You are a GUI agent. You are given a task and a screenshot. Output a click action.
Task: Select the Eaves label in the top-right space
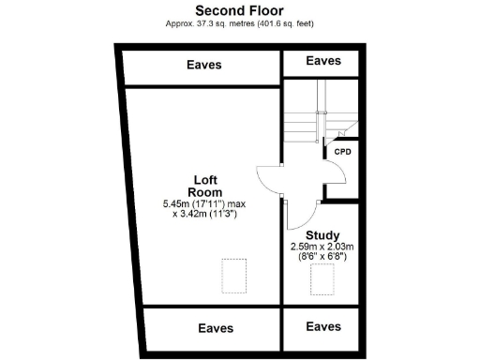pyautogui.click(x=323, y=60)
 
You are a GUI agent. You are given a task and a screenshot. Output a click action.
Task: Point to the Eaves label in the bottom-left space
pyautogui.click(x=215, y=328)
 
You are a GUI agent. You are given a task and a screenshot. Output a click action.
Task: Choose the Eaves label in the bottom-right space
pyautogui.click(x=323, y=326)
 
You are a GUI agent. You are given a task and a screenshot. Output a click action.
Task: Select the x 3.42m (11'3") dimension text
pyautogui.click(x=204, y=215)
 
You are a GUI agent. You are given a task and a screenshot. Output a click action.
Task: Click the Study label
pyautogui.click(x=322, y=235)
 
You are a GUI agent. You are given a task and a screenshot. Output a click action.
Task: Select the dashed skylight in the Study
pyautogui.click(x=325, y=279)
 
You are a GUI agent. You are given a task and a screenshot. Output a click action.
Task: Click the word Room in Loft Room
pyautogui.click(x=206, y=192)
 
